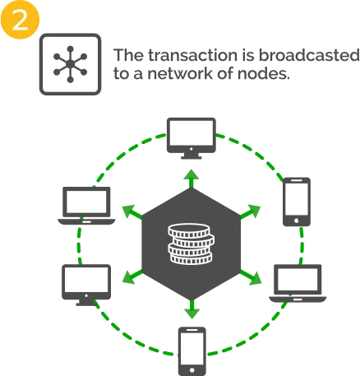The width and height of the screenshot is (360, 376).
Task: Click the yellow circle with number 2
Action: click(x=20, y=19)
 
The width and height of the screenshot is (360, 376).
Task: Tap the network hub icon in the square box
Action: click(x=71, y=64)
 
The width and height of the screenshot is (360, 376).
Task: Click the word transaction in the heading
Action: click(x=193, y=55)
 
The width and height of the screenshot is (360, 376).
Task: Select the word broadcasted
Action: click(x=309, y=55)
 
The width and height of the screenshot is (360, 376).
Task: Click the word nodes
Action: click(x=264, y=73)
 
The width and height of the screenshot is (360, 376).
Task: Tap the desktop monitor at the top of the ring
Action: click(x=192, y=138)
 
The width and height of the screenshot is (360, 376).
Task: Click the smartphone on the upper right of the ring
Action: click(x=297, y=202)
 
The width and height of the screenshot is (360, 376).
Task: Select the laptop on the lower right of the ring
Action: click(x=298, y=284)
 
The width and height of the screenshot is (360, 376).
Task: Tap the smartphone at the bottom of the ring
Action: click(x=192, y=351)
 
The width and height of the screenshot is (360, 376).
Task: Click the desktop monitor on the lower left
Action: click(x=86, y=285)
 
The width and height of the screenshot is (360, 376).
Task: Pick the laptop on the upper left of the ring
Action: click(x=86, y=206)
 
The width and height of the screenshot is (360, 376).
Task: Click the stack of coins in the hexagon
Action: click(x=191, y=244)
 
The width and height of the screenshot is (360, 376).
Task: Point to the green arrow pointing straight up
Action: click(x=192, y=179)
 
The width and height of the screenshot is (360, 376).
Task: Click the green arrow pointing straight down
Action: click(x=192, y=309)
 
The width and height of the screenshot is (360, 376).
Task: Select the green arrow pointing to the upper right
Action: click(x=250, y=211)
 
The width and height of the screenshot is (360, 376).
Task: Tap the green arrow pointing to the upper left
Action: click(x=132, y=212)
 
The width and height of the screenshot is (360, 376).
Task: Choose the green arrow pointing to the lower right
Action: click(x=251, y=277)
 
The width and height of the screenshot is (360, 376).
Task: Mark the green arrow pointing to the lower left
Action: click(x=132, y=276)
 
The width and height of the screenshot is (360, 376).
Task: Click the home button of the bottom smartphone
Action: click(x=192, y=370)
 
